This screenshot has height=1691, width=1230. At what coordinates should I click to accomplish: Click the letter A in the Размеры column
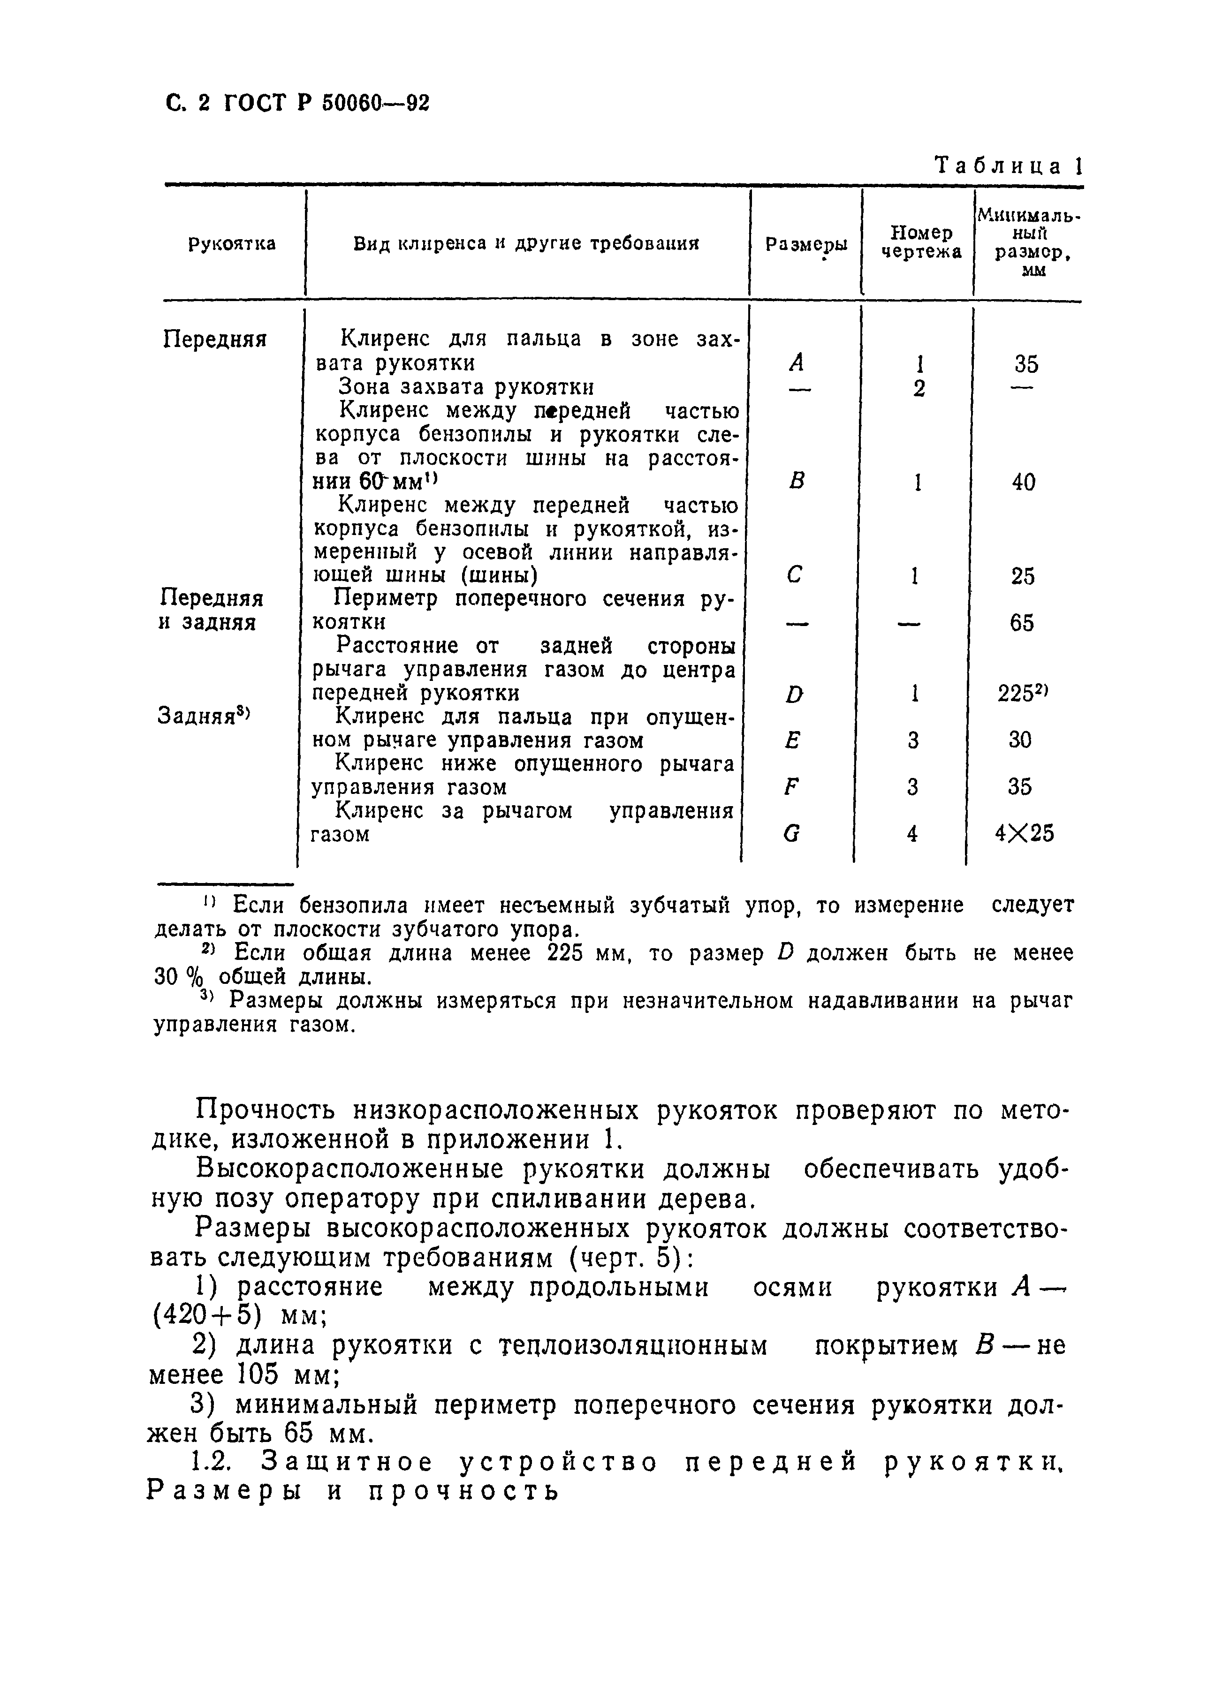point(797,363)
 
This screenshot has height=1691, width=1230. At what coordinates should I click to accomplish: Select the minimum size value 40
point(1024,483)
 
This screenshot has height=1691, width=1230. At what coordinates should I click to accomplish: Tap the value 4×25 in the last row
point(1024,833)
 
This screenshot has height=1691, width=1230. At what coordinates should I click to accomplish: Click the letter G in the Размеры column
point(792,834)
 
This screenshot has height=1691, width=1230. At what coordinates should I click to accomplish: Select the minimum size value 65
point(1022,623)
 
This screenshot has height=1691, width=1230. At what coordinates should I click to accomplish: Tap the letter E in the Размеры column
point(793,740)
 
